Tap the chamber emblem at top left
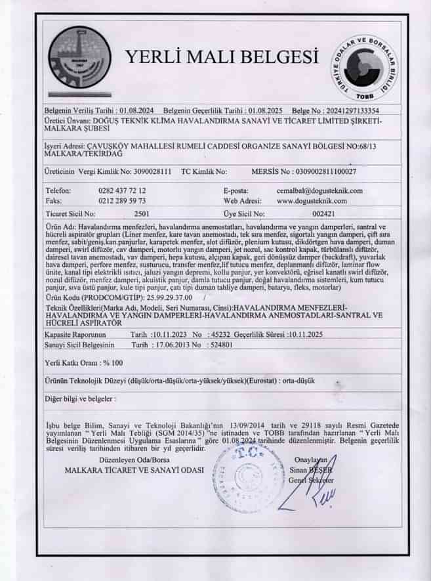pyautogui.click(x=79, y=60)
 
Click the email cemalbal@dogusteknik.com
pyautogui.click(x=320, y=190)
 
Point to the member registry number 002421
pyautogui.click(x=324, y=214)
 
